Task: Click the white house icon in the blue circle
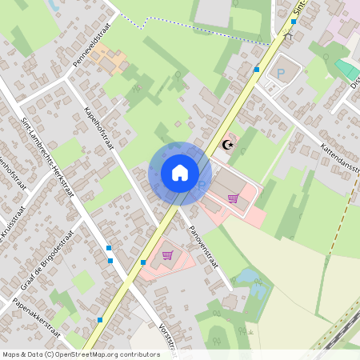(x=179, y=172)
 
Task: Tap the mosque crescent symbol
(x=228, y=145)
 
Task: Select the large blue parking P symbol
(x=281, y=72)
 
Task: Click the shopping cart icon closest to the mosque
(x=233, y=198)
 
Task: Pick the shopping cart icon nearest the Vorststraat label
(x=167, y=256)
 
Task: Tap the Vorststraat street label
(x=166, y=340)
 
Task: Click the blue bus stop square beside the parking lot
(x=256, y=70)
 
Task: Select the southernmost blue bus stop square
(x=99, y=320)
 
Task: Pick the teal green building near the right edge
(x=348, y=70)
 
